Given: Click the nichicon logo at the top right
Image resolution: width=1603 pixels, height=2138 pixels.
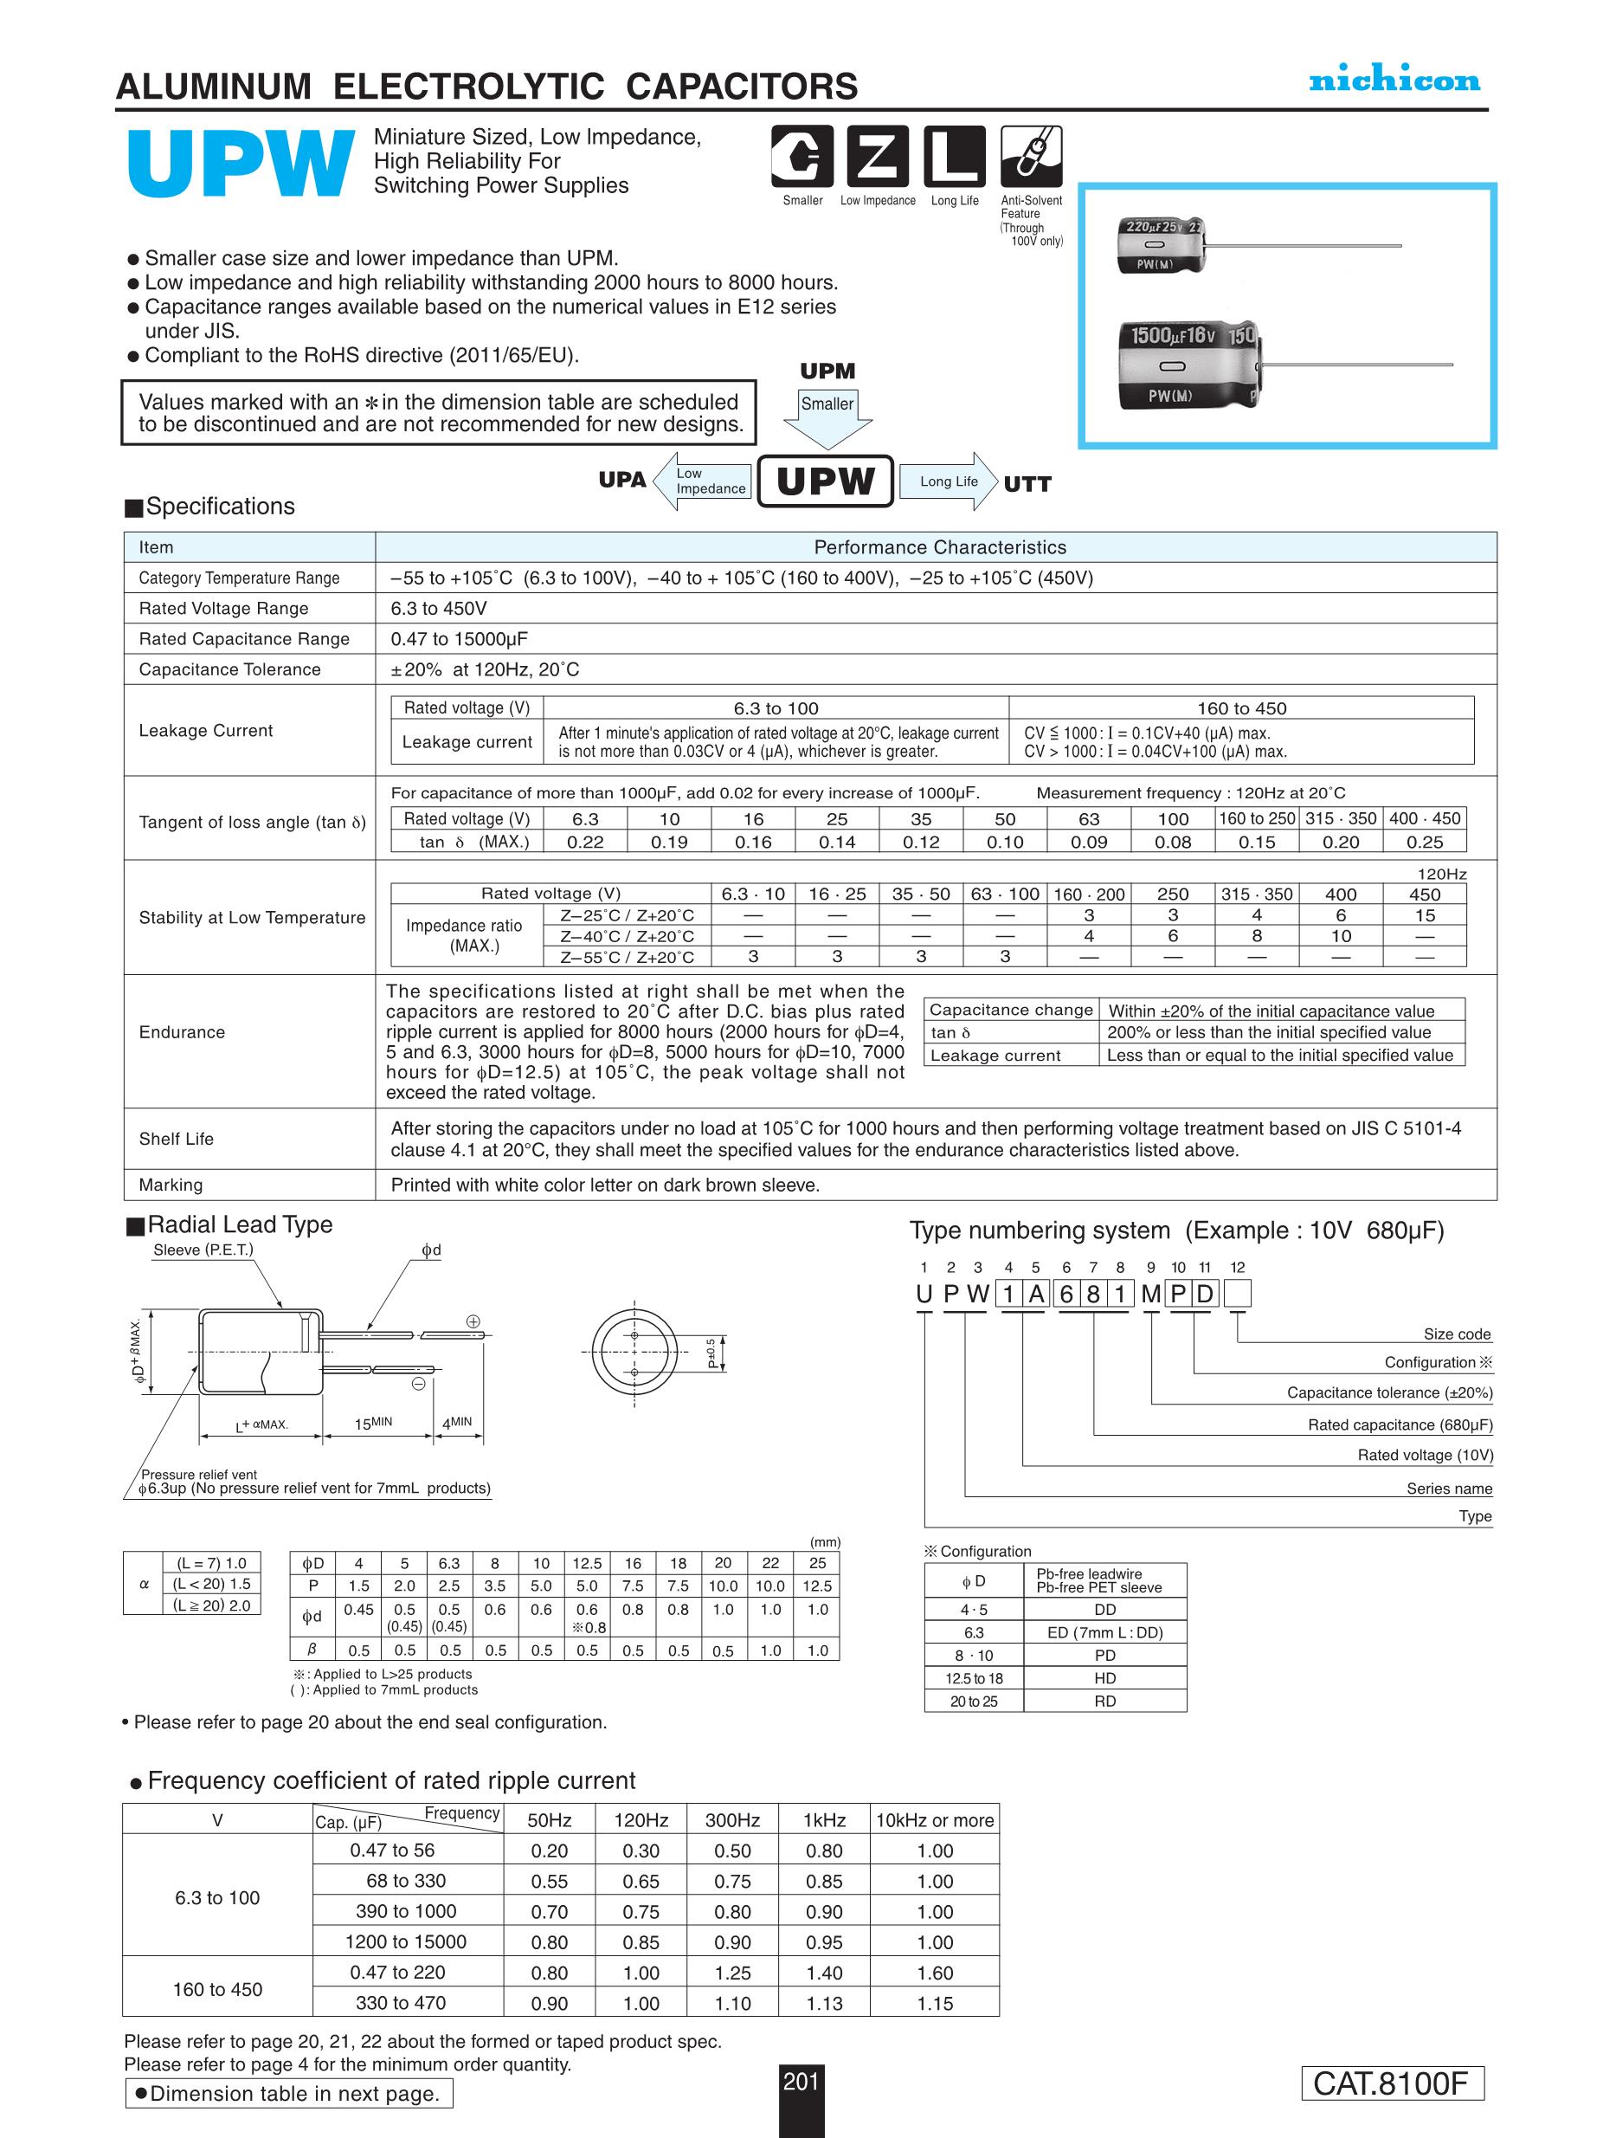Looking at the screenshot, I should (x=1394, y=81).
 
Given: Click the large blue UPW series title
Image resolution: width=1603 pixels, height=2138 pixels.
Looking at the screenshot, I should (x=240, y=165).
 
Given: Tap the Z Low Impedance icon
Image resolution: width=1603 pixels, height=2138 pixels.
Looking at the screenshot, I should (x=878, y=157).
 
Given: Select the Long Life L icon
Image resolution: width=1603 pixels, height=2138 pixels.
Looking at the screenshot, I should (x=954, y=157).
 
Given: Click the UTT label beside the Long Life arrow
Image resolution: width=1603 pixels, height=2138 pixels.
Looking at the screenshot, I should (x=1027, y=484).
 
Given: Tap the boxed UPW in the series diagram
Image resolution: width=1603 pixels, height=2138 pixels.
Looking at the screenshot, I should (x=825, y=481).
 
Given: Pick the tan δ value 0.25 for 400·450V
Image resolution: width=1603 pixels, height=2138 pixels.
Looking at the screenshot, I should (x=1424, y=842).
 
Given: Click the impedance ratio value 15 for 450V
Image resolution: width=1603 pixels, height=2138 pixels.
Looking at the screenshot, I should (x=1424, y=915).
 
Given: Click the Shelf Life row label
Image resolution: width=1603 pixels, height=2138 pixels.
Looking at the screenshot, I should (x=176, y=1139).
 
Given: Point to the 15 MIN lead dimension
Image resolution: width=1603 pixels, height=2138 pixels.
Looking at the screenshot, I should (x=374, y=1423).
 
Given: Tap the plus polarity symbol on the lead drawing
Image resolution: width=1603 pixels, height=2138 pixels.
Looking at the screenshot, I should (x=473, y=1321).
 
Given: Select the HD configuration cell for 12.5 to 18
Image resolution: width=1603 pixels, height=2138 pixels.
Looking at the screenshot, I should (x=1104, y=1678).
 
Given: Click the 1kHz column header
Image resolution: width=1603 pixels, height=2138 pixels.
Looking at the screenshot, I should (x=824, y=1820).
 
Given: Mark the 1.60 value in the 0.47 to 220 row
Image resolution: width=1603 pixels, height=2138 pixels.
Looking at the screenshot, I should (x=934, y=1973).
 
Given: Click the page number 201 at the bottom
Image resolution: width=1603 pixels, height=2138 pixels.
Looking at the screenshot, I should (x=801, y=2081).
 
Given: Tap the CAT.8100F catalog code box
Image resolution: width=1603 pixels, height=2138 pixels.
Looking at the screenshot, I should (x=1392, y=2083).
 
